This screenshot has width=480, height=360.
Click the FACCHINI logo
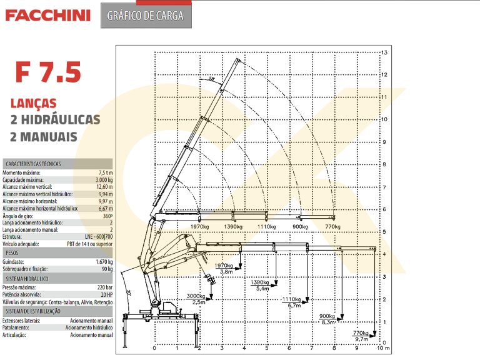47,15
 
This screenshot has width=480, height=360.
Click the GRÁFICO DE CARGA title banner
146,16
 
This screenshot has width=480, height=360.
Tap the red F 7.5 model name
48,72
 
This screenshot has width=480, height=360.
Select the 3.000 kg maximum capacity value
104,180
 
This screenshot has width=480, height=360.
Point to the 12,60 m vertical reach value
104,187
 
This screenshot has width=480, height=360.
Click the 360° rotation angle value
107,216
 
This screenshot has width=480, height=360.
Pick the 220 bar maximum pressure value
105,287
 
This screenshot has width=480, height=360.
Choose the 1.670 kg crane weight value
104,262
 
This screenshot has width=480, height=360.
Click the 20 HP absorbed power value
106,294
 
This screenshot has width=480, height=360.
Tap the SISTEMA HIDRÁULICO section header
27,279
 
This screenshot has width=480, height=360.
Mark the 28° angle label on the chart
211,79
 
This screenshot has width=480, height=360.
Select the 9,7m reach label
361,339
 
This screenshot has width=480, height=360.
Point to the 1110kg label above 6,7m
291,299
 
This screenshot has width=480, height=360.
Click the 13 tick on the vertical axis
384,52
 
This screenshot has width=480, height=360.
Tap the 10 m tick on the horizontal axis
383,348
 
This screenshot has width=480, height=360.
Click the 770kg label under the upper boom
332,226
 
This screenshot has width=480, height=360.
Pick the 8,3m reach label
328,322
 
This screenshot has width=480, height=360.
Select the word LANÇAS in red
33,103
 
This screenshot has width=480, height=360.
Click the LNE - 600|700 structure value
99,237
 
